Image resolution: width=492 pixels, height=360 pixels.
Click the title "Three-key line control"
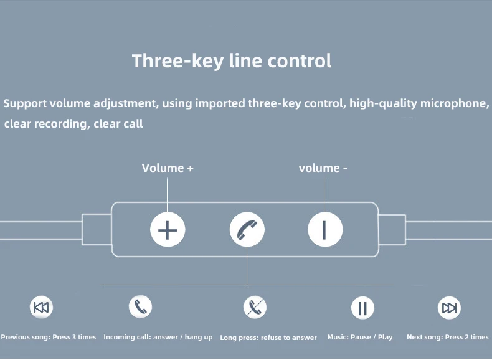tap(232, 61)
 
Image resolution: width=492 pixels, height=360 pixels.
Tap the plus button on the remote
tap(168, 230)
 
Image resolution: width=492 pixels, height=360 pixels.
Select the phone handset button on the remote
tap(247, 230)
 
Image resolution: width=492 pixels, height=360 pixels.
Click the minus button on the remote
tap(324, 230)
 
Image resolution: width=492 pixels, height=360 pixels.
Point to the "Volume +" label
tap(168, 168)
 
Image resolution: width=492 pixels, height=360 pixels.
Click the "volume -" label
tap(323, 168)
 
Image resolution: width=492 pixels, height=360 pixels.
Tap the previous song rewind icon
tap(42, 307)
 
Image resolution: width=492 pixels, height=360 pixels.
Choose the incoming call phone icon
tap(140, 306)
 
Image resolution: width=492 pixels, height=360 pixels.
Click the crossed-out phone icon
tap(254, 307)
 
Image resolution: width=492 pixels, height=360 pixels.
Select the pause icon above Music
tap(362, 308)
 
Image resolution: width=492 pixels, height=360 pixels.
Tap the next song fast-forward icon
tap(448, 307)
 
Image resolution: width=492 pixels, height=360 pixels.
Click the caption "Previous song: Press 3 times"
tap(49, 337)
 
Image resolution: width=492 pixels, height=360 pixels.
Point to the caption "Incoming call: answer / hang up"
tap(158, 337)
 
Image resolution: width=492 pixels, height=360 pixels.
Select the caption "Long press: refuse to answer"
tap(268, 338)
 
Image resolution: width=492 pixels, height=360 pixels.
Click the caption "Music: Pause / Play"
tap(360, 337)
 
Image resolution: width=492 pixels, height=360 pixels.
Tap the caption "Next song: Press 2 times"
tap(448, 337)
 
